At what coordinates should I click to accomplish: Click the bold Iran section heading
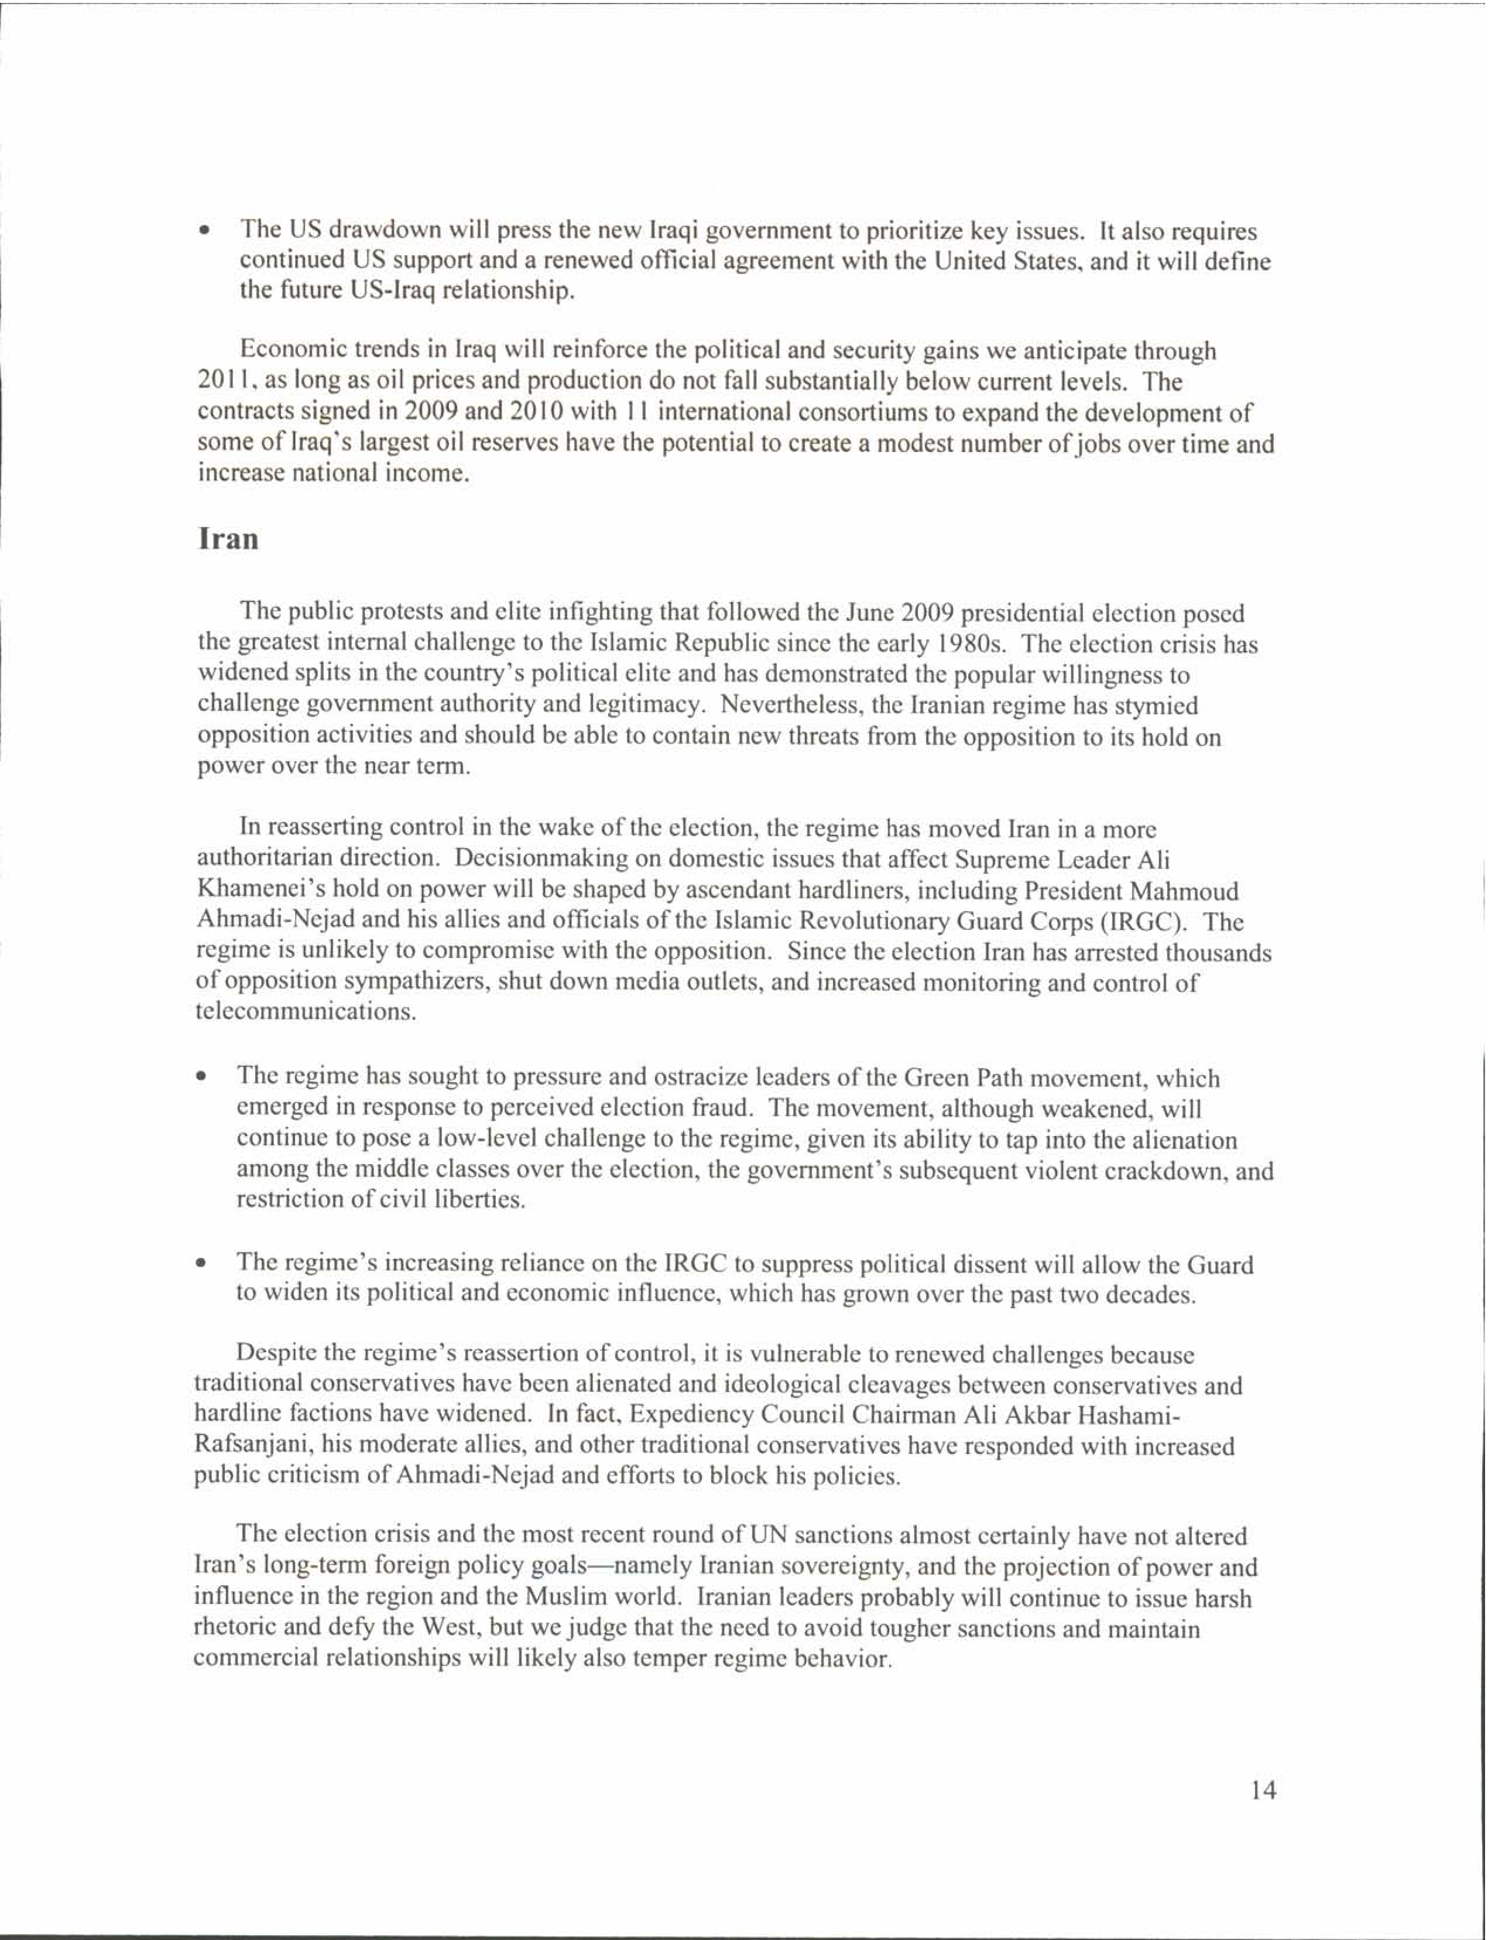pyautogui.click(x=228, y=539)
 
